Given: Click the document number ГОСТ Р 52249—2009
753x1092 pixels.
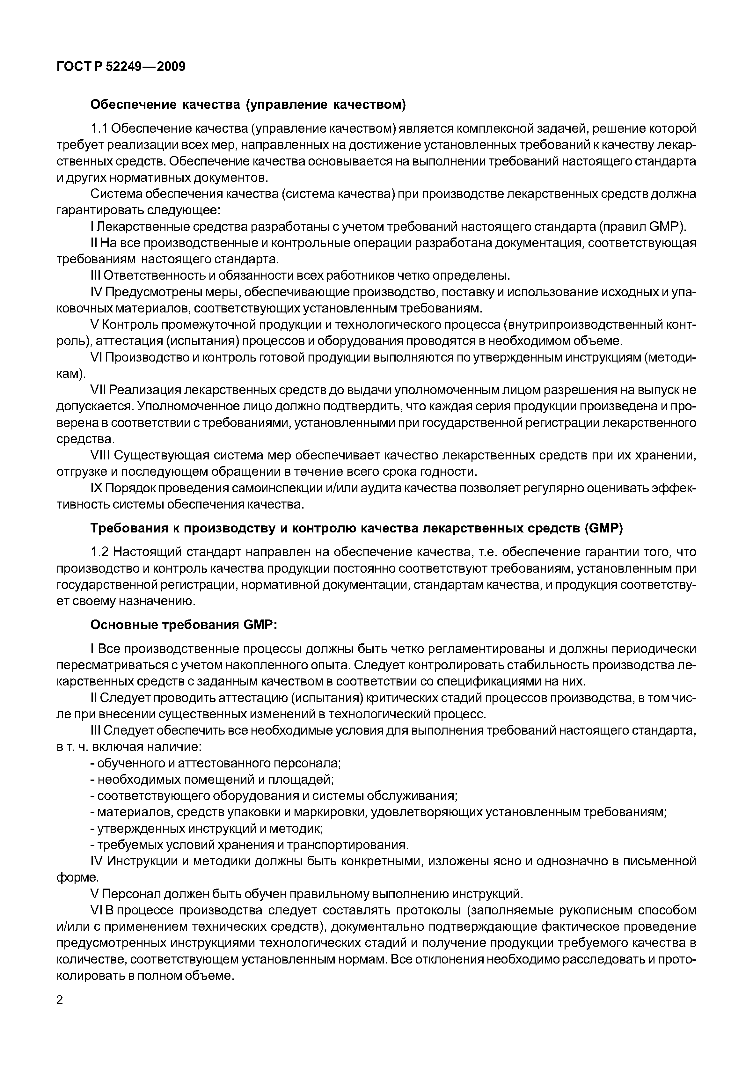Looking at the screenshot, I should click(121, 67).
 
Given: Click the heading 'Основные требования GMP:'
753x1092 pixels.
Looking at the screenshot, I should click(184, 625).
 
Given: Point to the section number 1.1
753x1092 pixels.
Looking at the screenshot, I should click(99, 128).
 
